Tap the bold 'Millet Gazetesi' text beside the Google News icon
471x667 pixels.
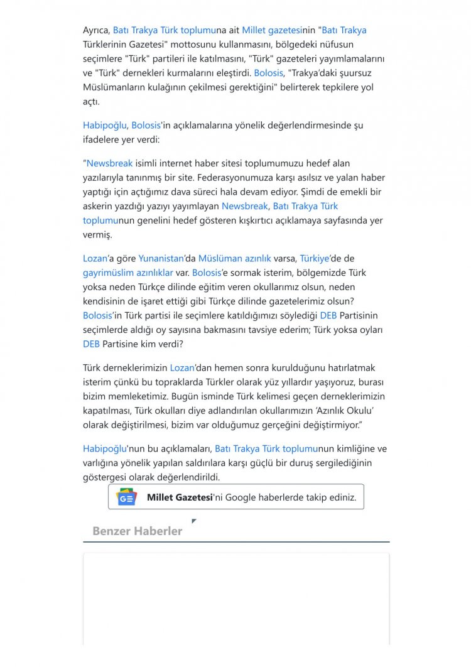tap(180, 497)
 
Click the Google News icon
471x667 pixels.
tap(127, 497)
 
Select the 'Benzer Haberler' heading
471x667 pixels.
tap(137, 531)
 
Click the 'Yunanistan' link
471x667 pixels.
tap(160, 258)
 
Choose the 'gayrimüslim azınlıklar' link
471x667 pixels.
tap(127, 273)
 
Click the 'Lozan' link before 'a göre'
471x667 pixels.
tap(95, 258)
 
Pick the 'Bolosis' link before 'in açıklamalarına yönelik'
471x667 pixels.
tap(147, 125)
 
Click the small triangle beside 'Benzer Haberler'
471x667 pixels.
tap(194, 521)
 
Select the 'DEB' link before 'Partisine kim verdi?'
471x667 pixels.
tap(91, 344)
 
